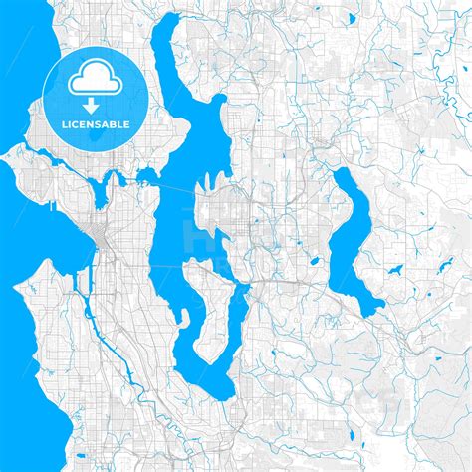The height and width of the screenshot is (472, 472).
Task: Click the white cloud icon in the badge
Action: [x=89, y=73]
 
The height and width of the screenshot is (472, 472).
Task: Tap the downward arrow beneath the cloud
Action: [x=89, y=103]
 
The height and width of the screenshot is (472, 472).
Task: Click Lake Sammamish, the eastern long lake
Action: [x=354, y=239]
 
